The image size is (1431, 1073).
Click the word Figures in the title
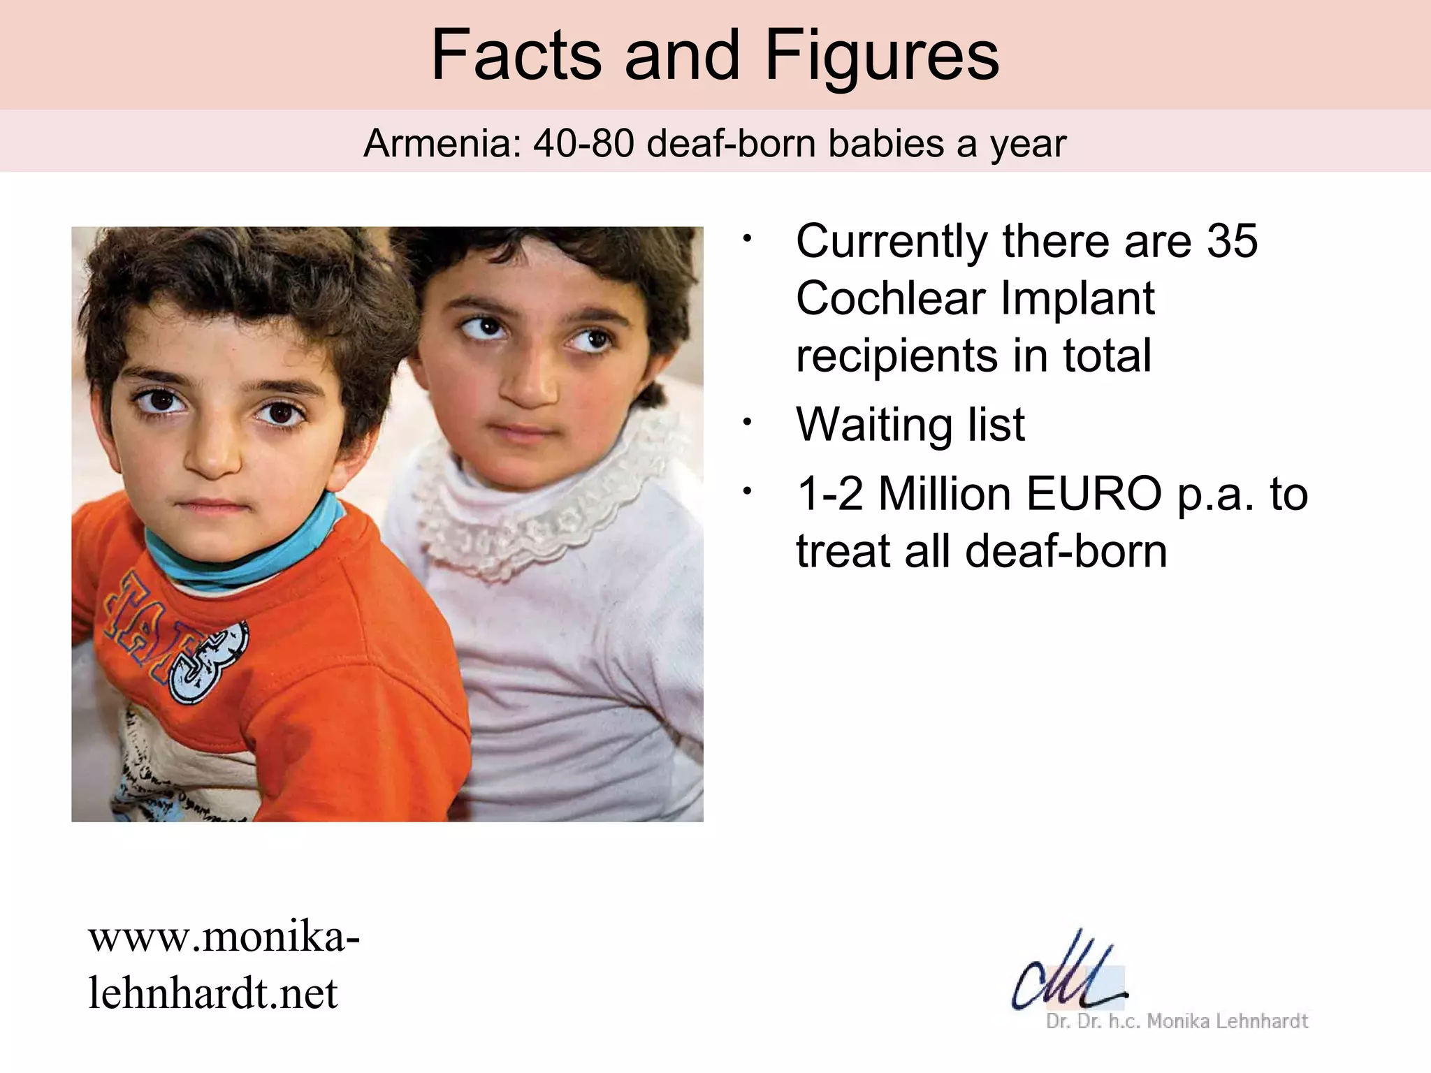click(882, 56)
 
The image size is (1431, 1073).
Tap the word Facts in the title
click(516, 56)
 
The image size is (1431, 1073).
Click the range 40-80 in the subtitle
click(583, 145)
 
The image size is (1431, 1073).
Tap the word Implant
click(1077, 299)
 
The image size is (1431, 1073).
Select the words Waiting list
click(910, 424)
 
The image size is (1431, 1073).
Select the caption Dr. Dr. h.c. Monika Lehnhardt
click(1177, 1021)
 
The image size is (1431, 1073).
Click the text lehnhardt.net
click(213, 993)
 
